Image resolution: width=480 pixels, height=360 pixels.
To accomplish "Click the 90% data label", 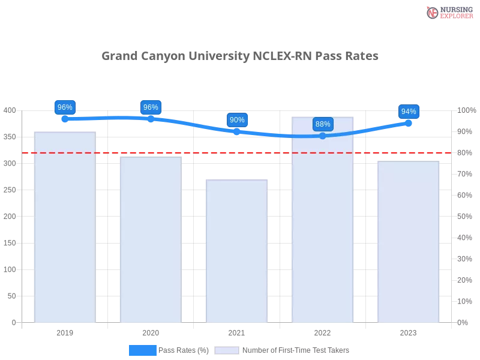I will point(237,120).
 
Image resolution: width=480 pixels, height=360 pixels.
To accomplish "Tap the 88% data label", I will point(323,124).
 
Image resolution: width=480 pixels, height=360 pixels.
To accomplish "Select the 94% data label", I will point(409,112).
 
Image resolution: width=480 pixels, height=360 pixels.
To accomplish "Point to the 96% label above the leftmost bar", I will point(65,107).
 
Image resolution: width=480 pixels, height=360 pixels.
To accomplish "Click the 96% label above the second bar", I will point(151,107).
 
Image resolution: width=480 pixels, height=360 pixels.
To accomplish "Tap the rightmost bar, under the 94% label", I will point(408,243).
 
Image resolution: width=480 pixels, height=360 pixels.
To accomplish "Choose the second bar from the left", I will point(149,240).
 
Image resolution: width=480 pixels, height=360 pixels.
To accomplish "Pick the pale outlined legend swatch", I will point(227,350).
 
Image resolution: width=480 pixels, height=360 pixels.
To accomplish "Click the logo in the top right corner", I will point(448,12).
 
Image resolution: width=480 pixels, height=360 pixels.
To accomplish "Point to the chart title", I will point(240,56).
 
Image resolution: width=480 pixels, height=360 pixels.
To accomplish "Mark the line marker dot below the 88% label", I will point(323,136).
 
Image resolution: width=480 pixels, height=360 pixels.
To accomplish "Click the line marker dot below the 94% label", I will point(409,122).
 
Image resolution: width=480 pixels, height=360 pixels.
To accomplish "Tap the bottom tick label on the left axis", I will point(13,322).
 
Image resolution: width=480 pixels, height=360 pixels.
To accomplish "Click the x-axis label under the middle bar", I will point(235,331).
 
